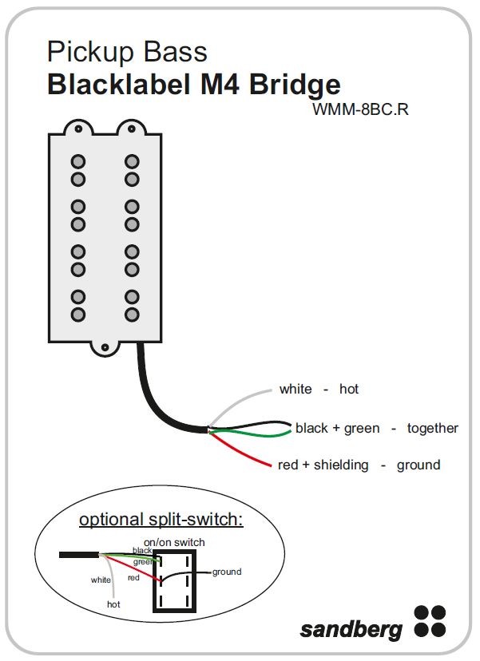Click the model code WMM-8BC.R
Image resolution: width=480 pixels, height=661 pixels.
(x=360, y=109)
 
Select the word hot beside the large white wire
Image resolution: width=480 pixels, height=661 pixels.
(x=349, y=390)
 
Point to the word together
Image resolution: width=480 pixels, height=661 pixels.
(x=433, y=429)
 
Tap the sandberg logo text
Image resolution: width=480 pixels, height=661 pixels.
(x=351, y=629)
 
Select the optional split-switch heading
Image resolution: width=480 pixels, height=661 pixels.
(x=161, y=520)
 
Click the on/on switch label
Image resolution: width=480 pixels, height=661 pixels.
(x=180, y=542)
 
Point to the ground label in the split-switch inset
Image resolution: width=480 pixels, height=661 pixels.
(x=227, y=572)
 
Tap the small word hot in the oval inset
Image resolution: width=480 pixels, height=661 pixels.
(x=113, y=604)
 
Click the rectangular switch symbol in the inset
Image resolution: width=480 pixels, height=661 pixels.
(x=174, y=580)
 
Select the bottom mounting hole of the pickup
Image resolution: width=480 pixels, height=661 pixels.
(x=105, y=346)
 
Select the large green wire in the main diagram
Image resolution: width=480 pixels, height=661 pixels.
(x=256, y=434)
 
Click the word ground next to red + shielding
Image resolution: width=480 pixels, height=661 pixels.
(x=419, y=465)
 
